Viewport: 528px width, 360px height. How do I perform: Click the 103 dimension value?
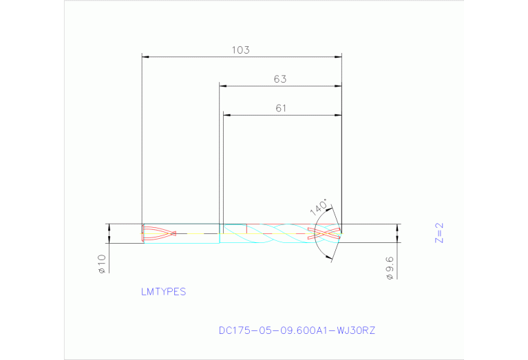(x=241, y=50)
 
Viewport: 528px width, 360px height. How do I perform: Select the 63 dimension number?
(x=279, y=79)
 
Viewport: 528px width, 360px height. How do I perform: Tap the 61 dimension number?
(x=280, y=108)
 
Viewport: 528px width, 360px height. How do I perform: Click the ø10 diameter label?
(x=101, y=264)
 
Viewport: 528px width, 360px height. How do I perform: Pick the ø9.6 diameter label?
(x=389, y=267)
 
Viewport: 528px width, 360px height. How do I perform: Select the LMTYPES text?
(x=163, y=292)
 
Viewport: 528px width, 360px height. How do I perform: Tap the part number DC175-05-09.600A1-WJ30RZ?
(x=297, y=330)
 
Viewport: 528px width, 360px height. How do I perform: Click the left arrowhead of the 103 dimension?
(x=145, y=56)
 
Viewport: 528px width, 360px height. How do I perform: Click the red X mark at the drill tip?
(x=324, y=233)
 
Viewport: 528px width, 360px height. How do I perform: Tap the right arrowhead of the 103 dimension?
(x=338, y=56)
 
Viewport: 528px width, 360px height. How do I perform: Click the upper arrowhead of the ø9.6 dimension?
(x=398, y=227)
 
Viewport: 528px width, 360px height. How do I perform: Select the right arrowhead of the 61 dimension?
(x=338, y=115)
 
